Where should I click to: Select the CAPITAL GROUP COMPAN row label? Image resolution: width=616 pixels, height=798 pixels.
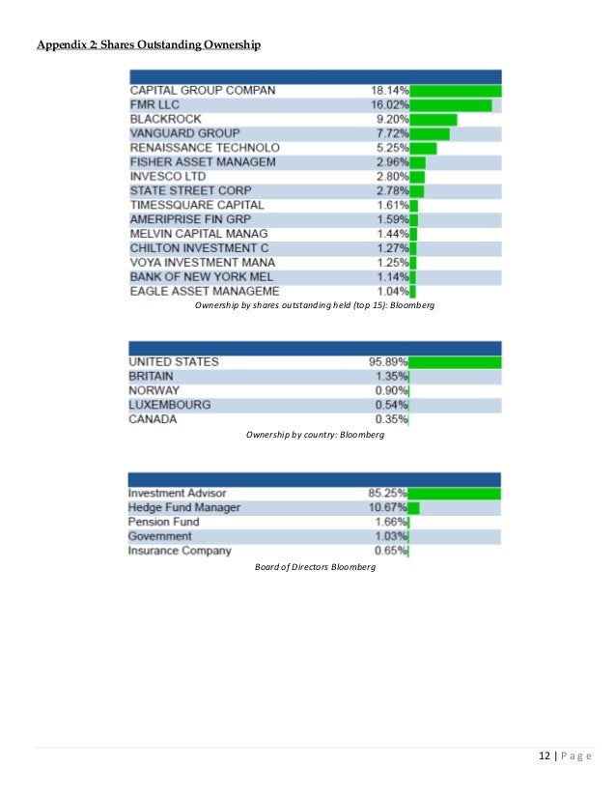click(202, 90)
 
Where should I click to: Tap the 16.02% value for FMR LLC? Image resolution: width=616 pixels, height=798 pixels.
click(389, 104)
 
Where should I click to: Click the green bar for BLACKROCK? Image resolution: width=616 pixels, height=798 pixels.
click(434, 119)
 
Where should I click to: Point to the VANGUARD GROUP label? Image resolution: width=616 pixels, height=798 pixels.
click(184, 132)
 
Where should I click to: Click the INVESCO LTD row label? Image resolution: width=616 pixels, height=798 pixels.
click(170, 177)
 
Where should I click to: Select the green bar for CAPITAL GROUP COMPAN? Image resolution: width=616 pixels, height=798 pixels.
click(456, 90)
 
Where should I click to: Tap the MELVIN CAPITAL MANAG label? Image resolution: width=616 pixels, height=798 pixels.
click(199, 234)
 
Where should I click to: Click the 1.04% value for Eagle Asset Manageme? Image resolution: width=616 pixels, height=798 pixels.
click(393, 291)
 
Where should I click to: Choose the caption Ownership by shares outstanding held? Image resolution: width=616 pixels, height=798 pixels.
click(315, 306)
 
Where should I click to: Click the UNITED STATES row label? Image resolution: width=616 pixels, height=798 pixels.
click(174, 362)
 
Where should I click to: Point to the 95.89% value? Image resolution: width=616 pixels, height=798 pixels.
click(389, 362)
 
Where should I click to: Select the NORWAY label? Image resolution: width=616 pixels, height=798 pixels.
click(154, 390)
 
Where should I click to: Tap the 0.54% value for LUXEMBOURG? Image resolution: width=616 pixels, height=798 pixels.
click(393, 405)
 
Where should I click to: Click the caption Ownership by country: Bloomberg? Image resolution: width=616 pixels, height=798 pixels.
click(315, 436)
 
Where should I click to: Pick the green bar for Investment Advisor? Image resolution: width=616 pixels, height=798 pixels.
click(455, 494)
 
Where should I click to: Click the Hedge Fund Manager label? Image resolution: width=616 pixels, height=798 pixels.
click(184, 507)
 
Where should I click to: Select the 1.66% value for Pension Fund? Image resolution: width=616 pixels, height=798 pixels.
click(392, 522)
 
